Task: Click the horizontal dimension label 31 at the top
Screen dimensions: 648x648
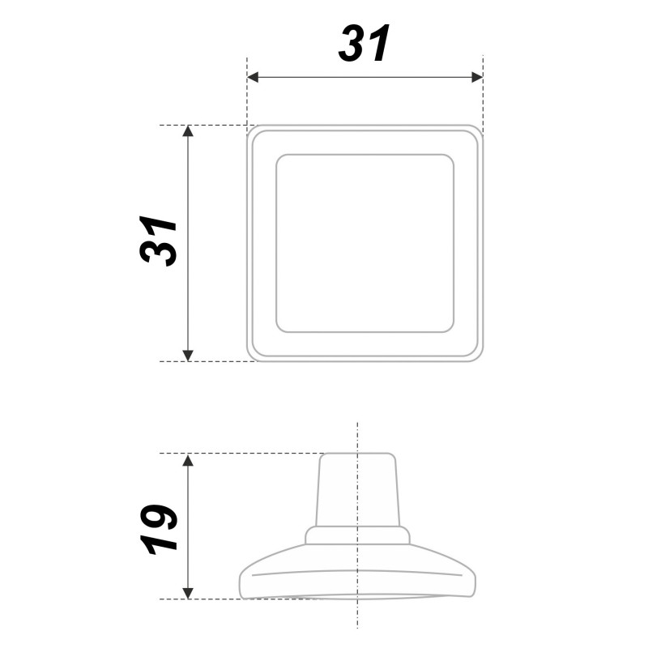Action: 364,43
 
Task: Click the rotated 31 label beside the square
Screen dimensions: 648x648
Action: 158,241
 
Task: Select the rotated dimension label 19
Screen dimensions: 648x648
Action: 158,529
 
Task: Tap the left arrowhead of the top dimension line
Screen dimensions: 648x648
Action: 253,77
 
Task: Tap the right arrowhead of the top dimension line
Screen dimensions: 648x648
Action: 477,77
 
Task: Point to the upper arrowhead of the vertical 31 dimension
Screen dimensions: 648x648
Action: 188,130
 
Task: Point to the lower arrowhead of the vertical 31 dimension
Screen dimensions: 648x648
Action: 188,356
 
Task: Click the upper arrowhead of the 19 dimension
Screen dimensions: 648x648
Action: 188,459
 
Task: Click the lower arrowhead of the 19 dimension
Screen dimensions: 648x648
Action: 188,593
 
